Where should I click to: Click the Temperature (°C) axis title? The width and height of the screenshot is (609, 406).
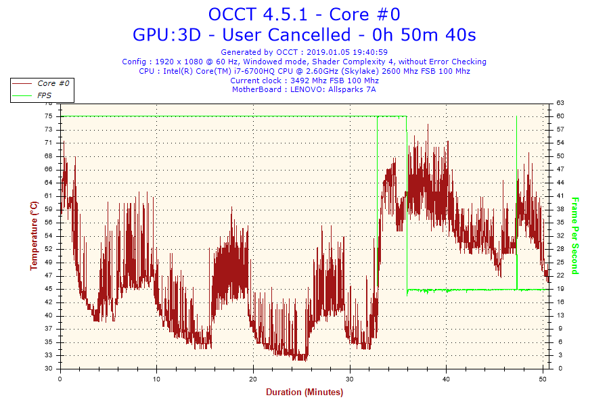(35, 235)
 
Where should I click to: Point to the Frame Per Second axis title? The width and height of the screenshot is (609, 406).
(575, 236)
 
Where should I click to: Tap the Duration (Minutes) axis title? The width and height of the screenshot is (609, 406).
(304, 392)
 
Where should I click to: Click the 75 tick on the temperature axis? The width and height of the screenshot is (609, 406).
(48, 116)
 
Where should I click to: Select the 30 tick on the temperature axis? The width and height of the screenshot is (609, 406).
(48, 368)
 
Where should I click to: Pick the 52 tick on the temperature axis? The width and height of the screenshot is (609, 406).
(48, 249)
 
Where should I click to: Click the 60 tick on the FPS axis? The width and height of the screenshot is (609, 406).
(560, 116)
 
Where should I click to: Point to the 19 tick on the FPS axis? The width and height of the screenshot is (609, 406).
(560, 289)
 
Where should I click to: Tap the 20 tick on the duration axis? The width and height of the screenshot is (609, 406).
(253, 379)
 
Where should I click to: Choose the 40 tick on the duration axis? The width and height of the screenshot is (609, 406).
(446, 379)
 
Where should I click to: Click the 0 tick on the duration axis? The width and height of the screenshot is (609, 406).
(60, 379)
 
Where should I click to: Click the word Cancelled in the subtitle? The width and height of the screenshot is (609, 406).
(286, 35)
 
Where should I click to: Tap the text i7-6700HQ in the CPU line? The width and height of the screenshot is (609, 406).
(237, 71)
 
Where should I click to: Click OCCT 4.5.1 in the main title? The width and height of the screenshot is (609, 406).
(258, 14)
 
